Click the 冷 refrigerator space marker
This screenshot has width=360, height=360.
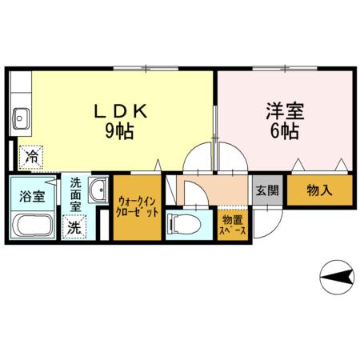32,158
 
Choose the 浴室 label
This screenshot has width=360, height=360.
32,193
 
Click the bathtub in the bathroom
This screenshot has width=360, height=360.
34,226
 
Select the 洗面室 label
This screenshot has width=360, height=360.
74,194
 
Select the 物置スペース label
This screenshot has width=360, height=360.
232,224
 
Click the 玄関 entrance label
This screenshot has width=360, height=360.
267,191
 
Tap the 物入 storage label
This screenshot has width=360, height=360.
319,191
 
